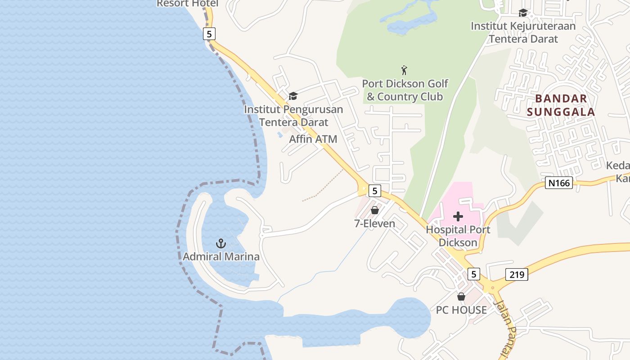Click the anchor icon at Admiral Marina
click(x=220, y=243)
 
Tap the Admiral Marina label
click(x=221, y=257)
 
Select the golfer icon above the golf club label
click(x=404, y=70)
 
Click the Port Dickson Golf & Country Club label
click(x=405, y=90)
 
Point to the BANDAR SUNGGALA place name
click(x=561, y=105)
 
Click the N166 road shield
click(x=558, y=183)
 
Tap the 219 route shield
click(x=517, y=274)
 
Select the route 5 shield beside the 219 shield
click(x=473, y=274)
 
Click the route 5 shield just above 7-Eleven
click(x=374, y=190)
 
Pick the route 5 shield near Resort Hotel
click(x=209, y=34)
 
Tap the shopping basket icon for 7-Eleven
click(x=374, y=210)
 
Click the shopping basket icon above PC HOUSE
click(x=461, y=297)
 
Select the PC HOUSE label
click(x=461, y=310)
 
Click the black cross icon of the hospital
click(x=458, y=216)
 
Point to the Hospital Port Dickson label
click(x=458, y=236)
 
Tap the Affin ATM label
click(x=313, y=139)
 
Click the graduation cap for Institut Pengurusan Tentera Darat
click(x=293, y=96)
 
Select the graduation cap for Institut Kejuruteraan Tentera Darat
click(x=523, y=13)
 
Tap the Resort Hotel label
click(x=187, y=4)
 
